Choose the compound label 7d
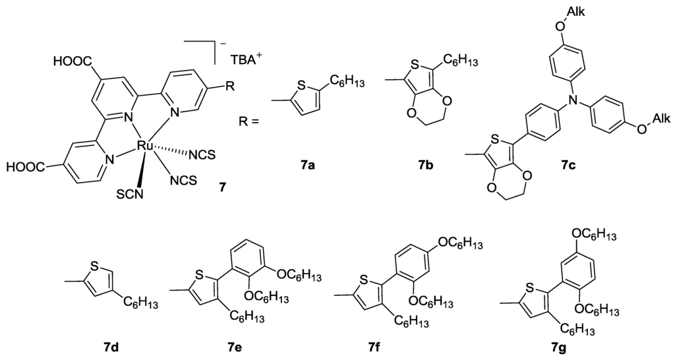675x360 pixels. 105,344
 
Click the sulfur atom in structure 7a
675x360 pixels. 302,84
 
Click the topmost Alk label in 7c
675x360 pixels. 573,10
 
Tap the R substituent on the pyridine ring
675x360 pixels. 228,87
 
